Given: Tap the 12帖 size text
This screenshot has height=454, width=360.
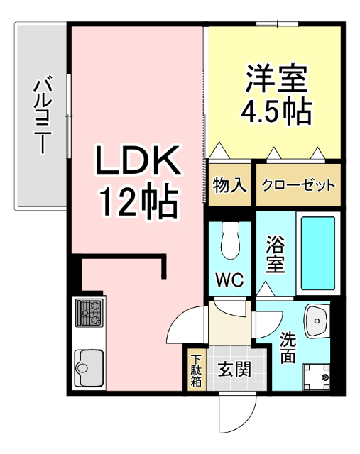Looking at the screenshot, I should coord(136,204).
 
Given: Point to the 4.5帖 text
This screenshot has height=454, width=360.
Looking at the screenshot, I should coord(277,113).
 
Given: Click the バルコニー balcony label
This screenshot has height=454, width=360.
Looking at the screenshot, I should coord(41,116).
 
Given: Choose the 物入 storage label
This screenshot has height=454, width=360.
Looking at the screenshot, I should coord(229,185).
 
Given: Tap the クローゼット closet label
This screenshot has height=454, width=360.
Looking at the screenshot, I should coord(298,185).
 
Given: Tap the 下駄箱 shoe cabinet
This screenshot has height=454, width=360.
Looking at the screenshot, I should coord(195,370).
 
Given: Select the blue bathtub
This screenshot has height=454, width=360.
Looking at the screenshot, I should coord(317,253).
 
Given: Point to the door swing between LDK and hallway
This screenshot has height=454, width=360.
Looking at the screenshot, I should coord(186,324).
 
